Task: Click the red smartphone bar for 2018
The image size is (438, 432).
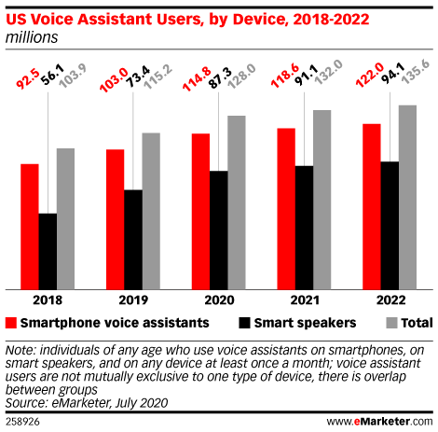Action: point(30,227)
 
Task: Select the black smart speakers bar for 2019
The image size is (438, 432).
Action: point(133,240)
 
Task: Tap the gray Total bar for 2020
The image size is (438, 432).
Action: point(237,202)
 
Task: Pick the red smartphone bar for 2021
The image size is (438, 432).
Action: point(286,209)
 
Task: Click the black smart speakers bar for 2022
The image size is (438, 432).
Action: point(390,226)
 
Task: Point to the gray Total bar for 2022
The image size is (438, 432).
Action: point(407,198)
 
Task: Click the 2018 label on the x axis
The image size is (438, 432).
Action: point(48,300)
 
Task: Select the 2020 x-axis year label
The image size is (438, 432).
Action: point(219,300)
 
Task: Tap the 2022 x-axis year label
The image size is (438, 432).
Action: point(390,300)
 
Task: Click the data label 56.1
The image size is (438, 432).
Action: point(52,75)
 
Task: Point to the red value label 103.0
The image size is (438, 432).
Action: point(114,79)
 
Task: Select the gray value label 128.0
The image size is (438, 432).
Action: point(242,77)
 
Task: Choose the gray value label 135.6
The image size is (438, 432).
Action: point(416,73)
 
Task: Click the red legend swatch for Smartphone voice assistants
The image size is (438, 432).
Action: point(11,323)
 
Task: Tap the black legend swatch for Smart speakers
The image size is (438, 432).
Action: point(244,323)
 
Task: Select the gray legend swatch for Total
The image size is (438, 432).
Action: point(391,323)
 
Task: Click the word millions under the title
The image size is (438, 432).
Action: point(32,37)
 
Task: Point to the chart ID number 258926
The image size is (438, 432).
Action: point(22,422)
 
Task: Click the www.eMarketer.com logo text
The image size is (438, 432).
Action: point(379,422)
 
